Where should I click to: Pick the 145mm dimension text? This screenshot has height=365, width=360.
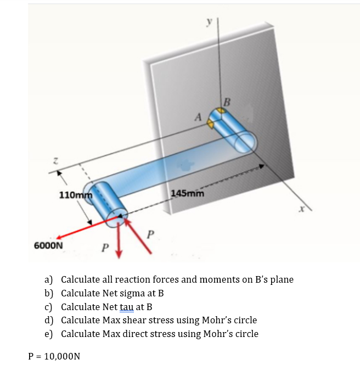[x=188, y=193]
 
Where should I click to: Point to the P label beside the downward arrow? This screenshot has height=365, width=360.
[x=105, y=246]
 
